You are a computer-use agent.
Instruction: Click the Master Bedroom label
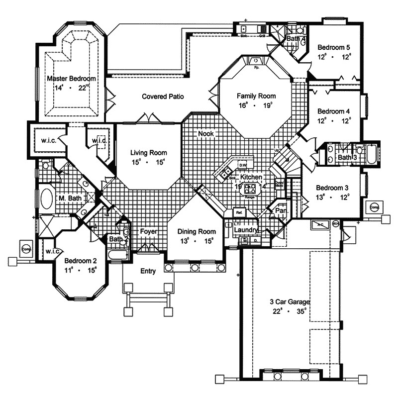[x=71, y=78]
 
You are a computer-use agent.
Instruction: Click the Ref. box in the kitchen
[x=239, y=212]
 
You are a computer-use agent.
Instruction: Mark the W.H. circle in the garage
[x=335, y=223]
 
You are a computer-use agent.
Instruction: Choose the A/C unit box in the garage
[x=319, y=225]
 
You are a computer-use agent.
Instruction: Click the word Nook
[x=205, y=134]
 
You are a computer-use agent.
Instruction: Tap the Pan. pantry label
[x=282, y=210]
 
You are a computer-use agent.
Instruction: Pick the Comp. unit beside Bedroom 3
[x=374, y=206]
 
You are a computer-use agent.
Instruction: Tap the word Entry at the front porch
[x=148, y=271]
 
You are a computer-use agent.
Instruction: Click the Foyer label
[x=148, y=231]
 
